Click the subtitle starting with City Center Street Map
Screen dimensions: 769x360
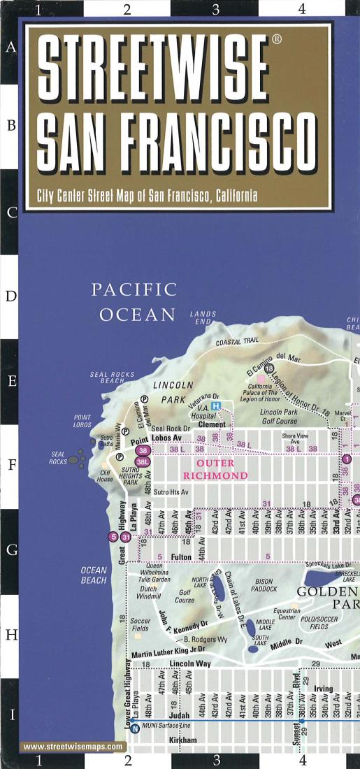[147, 196]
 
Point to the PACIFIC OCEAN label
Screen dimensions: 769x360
[135, 302]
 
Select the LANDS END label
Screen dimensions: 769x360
[203, 318]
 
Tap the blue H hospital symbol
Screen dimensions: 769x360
[216, 406]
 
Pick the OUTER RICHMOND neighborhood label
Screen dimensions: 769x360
[215, 469]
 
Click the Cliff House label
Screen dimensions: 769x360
[105, 475]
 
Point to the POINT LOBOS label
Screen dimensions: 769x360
[82, 421]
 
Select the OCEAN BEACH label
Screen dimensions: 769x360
[93, 575]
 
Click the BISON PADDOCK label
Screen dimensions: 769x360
[264, 585]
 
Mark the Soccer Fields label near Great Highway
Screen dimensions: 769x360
[140, 625]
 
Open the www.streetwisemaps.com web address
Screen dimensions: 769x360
[73, 747]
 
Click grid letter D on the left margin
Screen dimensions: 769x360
[11, 296]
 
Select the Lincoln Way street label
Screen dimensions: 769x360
[190, 663]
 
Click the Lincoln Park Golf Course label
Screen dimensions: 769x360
[278, 417]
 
